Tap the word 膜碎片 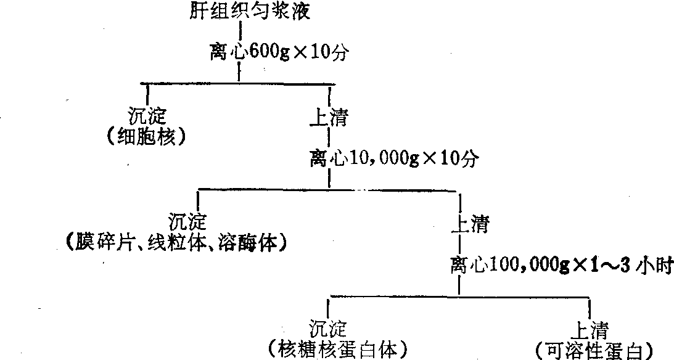pyautogui.click(x=107, y=242)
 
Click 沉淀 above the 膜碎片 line pyautogui.click(x=188, y=222)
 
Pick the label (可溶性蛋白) pyautogui.click(x=593, y=350)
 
